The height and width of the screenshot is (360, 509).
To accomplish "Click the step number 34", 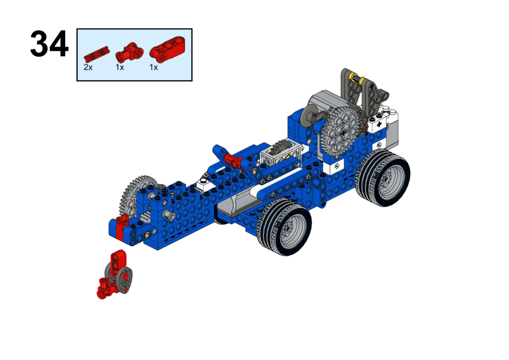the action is pos(49,44).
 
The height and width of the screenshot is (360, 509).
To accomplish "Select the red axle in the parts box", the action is pos(97,55).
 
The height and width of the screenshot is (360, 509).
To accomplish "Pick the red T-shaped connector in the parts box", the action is pos(129,52).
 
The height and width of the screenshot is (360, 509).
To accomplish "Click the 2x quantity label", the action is pos(88,67).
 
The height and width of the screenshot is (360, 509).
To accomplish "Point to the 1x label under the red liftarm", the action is pos(154,67).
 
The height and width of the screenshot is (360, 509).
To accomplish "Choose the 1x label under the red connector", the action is pos(120,67).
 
